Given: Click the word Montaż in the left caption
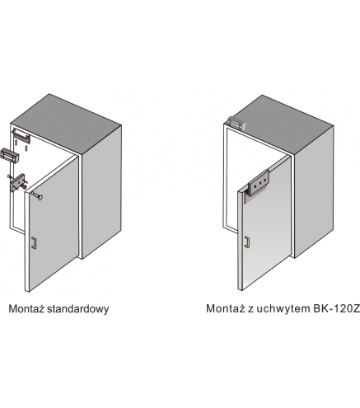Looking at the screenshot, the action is pyautogui.click(x=26, y=308).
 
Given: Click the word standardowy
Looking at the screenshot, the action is pyautogui.click(x=78, y=308).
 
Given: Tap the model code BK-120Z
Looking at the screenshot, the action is pyautogui.click(x=336, y=308).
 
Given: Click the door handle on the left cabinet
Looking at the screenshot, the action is pyautogui.click(x=33, y=243).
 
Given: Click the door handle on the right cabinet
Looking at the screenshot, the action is pyautogui.click(x=247, y=242).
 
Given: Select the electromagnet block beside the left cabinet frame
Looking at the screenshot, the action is pyautogui.click(x=10, y=156).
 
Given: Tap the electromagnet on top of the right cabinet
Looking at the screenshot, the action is pyautogui.click(x=236, y=123).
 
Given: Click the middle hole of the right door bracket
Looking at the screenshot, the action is pyautogui.click(x=260, y=183).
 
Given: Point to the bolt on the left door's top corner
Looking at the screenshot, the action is pyautogui.click(x=37, y=195).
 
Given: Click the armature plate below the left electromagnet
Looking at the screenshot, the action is pyautogui.click(x=17, y=182).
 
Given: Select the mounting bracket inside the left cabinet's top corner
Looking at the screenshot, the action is pyautogui.click(x=21, y=136).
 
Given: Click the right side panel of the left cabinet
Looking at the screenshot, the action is pyautogui.click(x=101, y=192).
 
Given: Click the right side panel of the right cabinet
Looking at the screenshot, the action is pyautogui.click(x=314, y=192).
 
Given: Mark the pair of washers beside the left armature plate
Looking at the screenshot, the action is pyautogui.click(x=23, y=186).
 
